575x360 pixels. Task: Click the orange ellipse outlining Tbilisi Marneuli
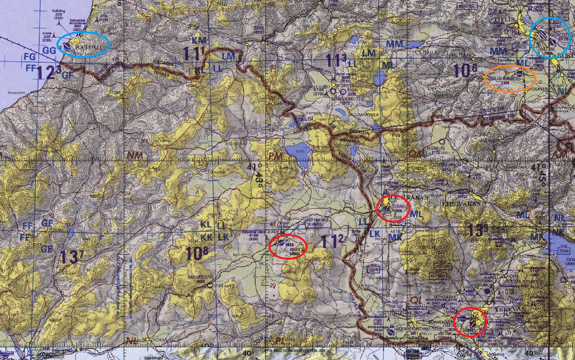(510, 79)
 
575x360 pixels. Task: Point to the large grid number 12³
(49, 72)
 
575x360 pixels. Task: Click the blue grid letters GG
(49, 51)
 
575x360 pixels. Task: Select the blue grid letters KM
(199, 40)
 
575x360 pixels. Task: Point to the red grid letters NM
(136, 155)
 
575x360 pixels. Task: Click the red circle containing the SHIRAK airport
(393, 209)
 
